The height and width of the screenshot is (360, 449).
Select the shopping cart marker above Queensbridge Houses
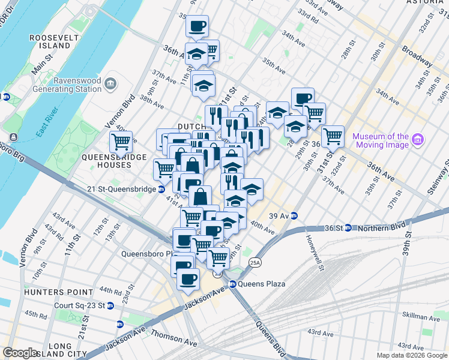click(121, 142)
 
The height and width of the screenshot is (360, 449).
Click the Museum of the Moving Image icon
click(418, 140)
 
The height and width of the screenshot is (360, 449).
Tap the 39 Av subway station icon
click(294, 216)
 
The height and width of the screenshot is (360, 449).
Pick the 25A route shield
click(255, 262)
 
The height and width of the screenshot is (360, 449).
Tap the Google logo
click(20, 353)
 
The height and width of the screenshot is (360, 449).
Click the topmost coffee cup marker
click(197, 26)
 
